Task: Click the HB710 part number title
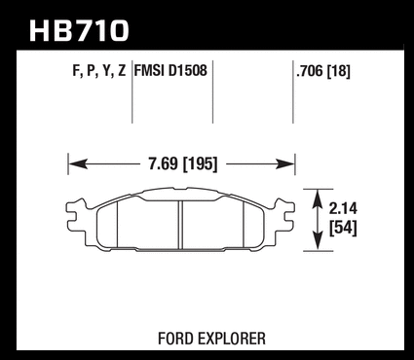coord(79,30)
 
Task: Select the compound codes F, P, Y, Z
coord(99,71)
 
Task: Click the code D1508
coord(187,70)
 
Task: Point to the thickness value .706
coord(310,71)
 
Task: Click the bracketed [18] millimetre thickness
coord(339,71)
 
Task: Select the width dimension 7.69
coord(164,163)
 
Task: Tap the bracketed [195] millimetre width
coord(201,164)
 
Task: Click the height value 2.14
coord(343,209)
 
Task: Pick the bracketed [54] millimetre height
coord(343,228)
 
